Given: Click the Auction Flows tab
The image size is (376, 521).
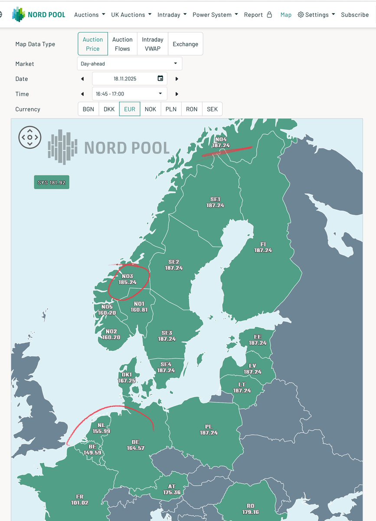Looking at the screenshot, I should (x=122, y=44).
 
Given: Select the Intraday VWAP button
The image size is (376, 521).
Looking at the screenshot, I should (x=153, y=44).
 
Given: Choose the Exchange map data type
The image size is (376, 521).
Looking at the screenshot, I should (x=185, y=44).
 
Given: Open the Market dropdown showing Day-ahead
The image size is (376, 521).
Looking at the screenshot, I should (x=129, y=63).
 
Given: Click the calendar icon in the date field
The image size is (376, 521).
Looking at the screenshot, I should (x=160, y=79).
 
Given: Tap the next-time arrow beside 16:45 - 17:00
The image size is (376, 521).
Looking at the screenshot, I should (x=177, y=94).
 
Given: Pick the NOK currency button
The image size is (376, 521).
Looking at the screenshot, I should (x=150, y=109).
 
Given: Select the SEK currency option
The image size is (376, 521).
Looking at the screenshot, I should (x=212, y=109).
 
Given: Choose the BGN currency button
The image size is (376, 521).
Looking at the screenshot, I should (x=88, y=109).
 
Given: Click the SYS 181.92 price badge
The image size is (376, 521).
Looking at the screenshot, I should (x=52, y=182).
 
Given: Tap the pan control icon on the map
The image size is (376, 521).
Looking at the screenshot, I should (x=29, y=137).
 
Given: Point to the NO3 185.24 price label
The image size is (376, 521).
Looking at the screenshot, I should (x=128, y=279).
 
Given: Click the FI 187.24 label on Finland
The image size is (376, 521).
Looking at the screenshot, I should (x=263, y=247).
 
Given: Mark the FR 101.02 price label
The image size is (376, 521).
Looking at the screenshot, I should (x=80, y=500).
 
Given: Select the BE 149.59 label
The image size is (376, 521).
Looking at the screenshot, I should (x=92, y=449).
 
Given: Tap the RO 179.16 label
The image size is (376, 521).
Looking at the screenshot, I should (x=250, y=509).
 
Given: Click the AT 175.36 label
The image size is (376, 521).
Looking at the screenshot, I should (x=171, y=489).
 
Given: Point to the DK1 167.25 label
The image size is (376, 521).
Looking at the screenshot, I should (x=127, y=377).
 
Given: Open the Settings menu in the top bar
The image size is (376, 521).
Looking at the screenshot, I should (x=317, y=14).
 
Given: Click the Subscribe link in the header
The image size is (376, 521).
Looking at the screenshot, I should (x=355, y=14).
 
